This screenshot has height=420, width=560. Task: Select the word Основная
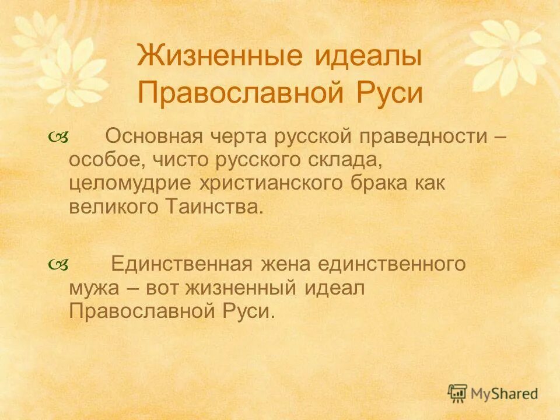[153, 137]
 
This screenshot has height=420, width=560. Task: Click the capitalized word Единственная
[181, 264]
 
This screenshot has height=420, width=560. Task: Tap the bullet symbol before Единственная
[60, 265]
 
